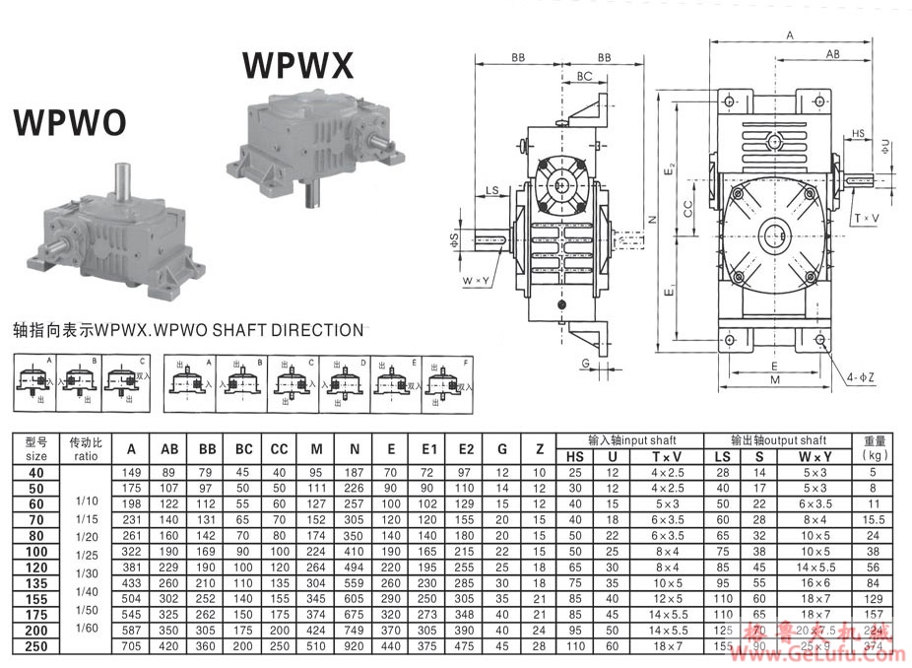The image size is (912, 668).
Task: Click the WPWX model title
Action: point(297,64)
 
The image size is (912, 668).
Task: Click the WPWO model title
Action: point(69,122)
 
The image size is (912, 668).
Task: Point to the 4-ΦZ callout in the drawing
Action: point(862,377)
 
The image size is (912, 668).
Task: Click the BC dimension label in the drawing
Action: point(584,76)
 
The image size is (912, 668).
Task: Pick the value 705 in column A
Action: point(131,646)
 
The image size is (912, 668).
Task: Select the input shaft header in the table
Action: point(630,440)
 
